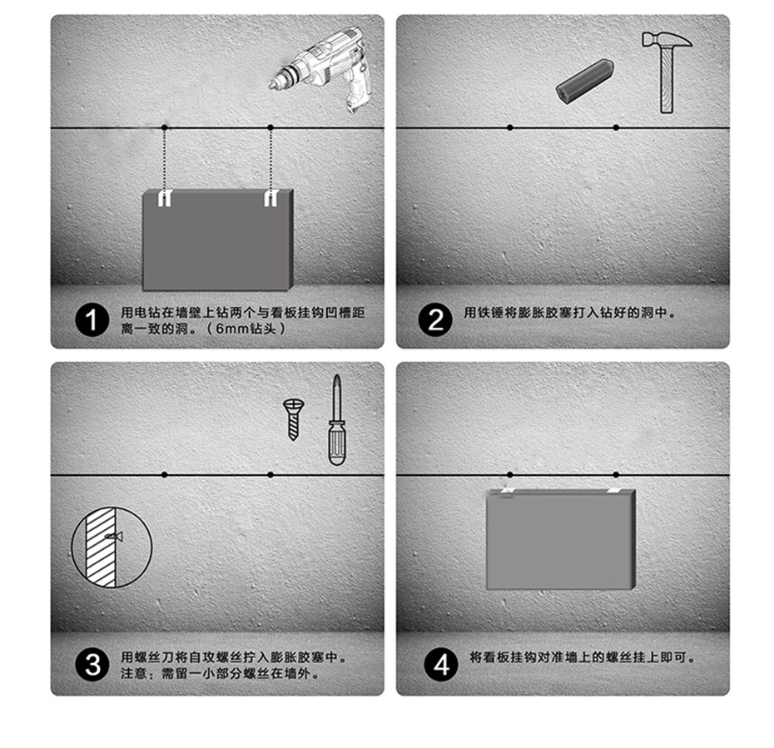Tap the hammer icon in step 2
(x=666, y=70)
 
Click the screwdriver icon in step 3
(x=335, y=420)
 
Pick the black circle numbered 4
(x=440, y=665)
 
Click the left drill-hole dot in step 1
(x=165, y=127)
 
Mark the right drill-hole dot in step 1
(x=270, y=127)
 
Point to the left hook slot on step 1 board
(x=165, y=198)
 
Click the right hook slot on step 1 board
(x=270, y=198)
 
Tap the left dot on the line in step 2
(x=509, y=127)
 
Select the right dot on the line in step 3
(x=270, y=474)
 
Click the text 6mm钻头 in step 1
(x=250, y=329)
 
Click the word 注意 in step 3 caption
(x=134, y=673)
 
